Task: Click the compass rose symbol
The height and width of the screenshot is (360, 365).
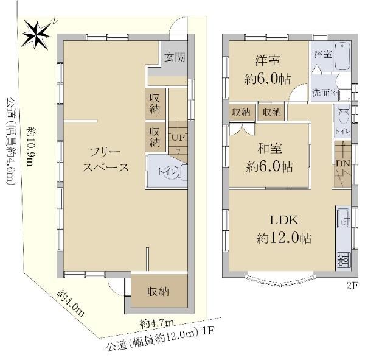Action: click(36, 35)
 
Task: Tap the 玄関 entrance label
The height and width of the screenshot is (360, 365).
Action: click(175, 57)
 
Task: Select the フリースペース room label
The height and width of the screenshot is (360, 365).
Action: click(105, 160)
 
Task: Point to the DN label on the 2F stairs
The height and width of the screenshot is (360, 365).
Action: click(343, 164)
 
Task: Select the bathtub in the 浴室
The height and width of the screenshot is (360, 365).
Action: click(342, 56)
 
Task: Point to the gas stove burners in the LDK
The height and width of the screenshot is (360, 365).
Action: click(343, 261)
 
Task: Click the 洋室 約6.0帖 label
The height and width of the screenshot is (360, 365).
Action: click(268, 69)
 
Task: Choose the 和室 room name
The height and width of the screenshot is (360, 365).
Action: click(269, 148)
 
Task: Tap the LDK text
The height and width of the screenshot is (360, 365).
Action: click(284, 220)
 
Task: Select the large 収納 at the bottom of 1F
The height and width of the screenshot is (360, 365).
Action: click(158, 291)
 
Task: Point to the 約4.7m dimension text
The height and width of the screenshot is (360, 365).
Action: click(157, 323)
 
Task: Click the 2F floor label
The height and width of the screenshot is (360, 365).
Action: click(352, 286)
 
